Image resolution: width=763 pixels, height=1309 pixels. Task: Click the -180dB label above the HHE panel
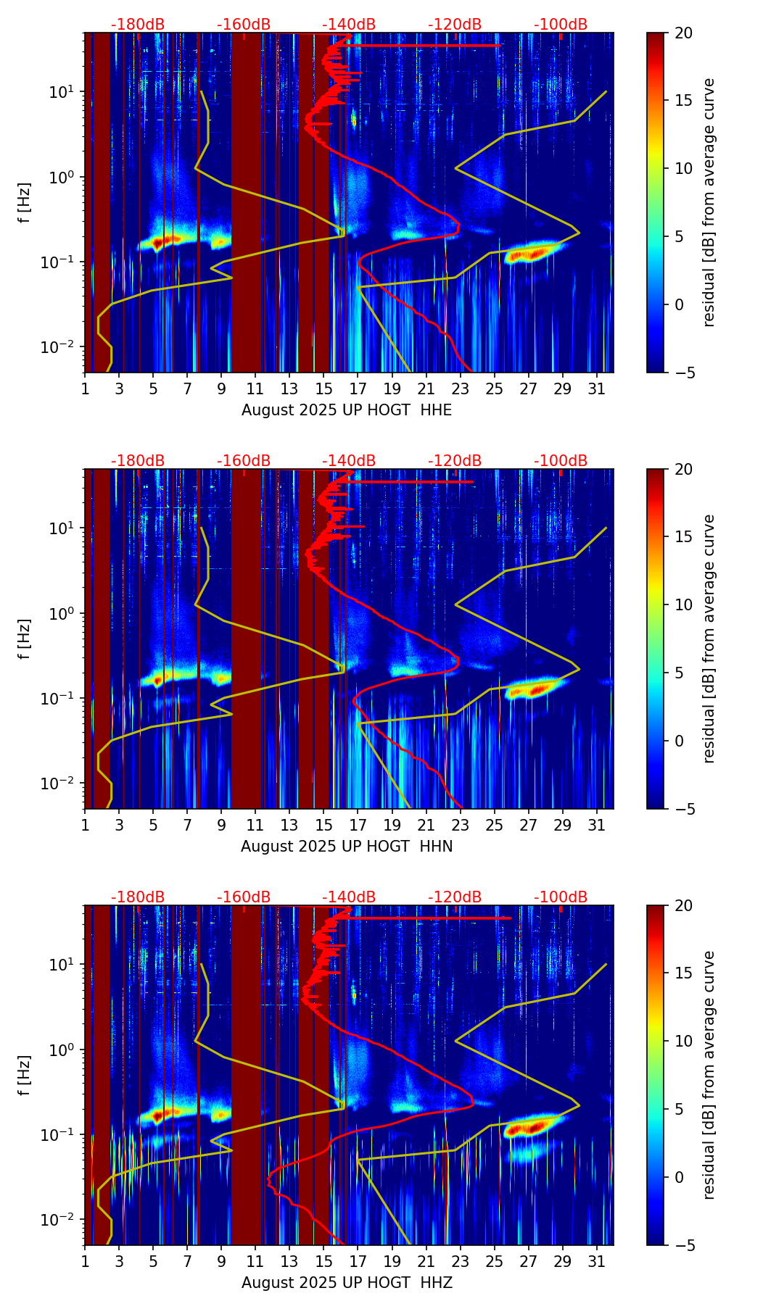pyautogui.click(x=138, y=25)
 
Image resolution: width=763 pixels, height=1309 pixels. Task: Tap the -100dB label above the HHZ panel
pyautogui.click(x=561, y=897)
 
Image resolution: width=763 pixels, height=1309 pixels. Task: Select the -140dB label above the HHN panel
pyautogui.click(x=349, y=461)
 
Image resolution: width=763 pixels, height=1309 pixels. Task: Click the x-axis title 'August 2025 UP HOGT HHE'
pyautogui.click(x=347, y=410)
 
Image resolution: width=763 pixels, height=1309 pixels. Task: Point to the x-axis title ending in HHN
pyautogui.click(x=347, y=847)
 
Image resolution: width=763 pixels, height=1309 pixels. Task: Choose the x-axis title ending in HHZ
pyautogui.click(x=347, y=1283)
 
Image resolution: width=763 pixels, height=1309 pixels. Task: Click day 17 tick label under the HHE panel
pyautogui.click(x=358, y=388)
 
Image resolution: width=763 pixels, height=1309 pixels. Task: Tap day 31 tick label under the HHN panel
pyautogui.click(x=597, y=825)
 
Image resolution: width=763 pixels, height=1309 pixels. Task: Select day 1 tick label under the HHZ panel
pyautogui.click(x=85, y=1261)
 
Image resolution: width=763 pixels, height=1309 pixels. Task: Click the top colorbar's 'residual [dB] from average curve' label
pyautogui.click(x=709, y=202)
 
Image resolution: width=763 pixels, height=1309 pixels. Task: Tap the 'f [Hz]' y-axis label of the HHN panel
pyautogui.click(x=25, y=639)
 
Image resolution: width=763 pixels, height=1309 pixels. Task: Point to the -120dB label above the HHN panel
pyautogui.click(x=455, y=461)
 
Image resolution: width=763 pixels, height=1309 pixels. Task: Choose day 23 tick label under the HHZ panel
pyautogui.click(x=461, y=1261)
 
